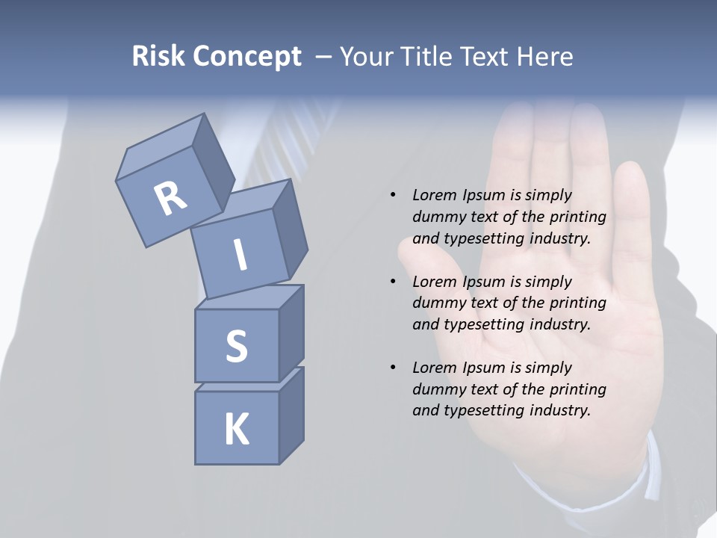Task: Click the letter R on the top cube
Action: pos(170,197)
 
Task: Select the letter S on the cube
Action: pos(236,346)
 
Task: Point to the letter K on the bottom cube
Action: pos(236,429)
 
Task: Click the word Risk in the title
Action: pos(158,57)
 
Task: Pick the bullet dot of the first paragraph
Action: pos(393,195)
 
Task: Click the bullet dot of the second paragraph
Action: pos(393,282)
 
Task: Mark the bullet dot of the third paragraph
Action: pos(393,368)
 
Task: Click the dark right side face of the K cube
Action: pos(291,415)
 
